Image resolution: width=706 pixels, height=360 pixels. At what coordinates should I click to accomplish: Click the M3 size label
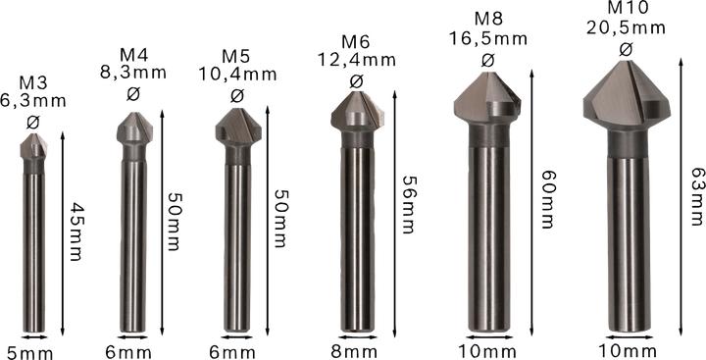[x=33, y=84]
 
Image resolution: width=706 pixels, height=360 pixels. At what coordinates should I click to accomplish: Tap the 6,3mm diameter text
[x=34, y=102]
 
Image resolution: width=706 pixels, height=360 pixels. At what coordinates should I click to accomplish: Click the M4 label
[x=133, y=53]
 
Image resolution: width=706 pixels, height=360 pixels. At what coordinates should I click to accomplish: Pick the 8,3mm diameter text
[x=133, y=71]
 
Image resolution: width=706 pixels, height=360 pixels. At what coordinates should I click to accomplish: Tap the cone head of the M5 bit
[x=237, y=129]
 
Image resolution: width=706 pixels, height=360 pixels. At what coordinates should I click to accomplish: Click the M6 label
[x=356, y=41]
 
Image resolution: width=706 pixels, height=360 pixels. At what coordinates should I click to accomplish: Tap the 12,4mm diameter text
[x=356, y=59]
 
